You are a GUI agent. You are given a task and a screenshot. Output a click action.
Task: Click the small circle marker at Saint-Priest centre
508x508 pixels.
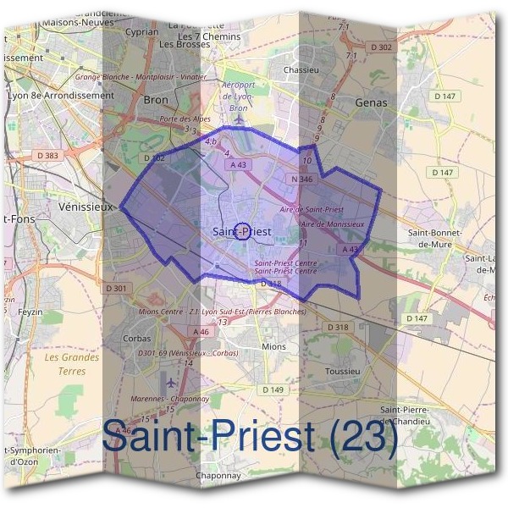point(241,231)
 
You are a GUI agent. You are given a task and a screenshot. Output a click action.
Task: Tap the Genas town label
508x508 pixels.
point(372,102)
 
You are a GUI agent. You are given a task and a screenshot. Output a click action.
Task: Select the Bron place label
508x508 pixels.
point(157,99)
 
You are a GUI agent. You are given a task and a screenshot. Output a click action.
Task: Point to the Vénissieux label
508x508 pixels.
point(87,206)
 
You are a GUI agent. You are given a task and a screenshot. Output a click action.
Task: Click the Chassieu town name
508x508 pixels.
point(302,69)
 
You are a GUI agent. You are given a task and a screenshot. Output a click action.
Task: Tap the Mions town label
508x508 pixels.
point(274,346)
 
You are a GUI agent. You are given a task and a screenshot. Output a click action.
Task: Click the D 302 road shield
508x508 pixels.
point(383,47)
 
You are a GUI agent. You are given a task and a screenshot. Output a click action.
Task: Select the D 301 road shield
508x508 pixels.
point(117,289)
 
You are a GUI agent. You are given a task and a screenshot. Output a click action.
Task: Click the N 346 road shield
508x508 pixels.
point(301,179)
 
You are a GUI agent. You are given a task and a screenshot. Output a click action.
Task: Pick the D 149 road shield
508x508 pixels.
point(273,389)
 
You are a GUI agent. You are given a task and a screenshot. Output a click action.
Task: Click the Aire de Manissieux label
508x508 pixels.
point(333,224)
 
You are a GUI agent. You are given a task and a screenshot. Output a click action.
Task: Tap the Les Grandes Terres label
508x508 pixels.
point(71,363)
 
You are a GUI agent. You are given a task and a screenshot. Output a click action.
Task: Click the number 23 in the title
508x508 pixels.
point(362,437)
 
